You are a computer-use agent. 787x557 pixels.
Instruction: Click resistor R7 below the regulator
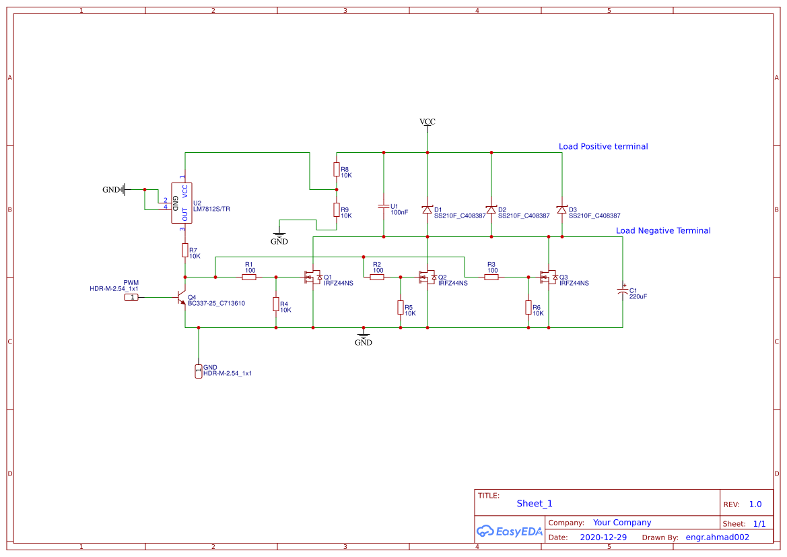click(185, 251)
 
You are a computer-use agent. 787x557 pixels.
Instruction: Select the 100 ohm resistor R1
click(249, 277)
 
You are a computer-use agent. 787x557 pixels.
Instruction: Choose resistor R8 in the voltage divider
click(337, 169)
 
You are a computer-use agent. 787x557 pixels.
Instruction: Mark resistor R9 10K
click(337, 210)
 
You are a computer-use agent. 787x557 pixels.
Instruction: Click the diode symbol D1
click(427, 209)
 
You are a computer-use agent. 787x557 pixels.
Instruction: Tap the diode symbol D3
click(561, 209)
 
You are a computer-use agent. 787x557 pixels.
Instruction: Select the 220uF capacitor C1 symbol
click(623, 291)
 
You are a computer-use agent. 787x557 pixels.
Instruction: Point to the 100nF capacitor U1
click(384, 207)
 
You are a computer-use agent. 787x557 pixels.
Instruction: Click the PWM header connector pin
click(133, 297)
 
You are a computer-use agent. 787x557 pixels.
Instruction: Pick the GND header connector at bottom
click(199, 371)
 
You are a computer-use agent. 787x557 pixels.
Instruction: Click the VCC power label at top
click(427, 122)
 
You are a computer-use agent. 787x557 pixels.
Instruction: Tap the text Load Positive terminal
click(603, 146)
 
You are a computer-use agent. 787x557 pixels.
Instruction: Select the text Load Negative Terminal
click(663, 230)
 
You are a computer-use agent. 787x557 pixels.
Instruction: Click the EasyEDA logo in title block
click(510, 531)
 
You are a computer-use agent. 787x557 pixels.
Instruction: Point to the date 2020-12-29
click(603, 537)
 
